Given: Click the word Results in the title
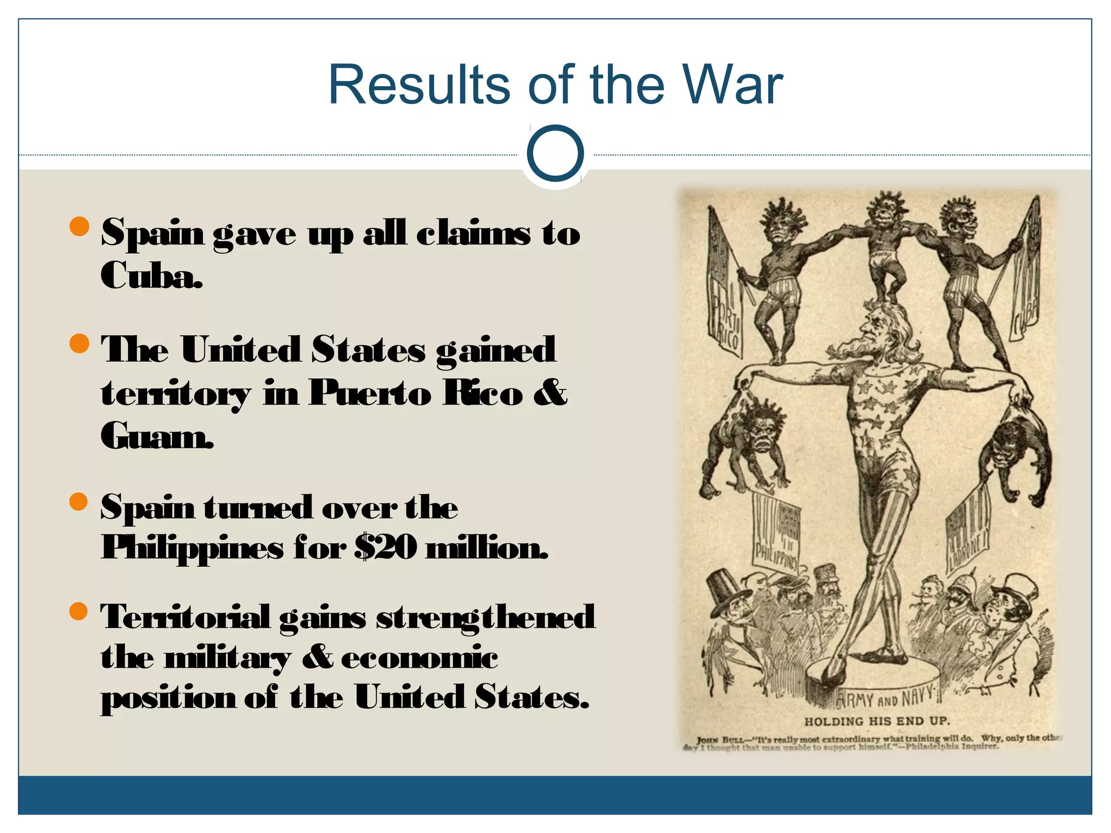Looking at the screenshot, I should point(419,85).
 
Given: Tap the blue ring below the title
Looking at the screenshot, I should point(555,153).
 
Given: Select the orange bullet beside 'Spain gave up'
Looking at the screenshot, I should point(79,226).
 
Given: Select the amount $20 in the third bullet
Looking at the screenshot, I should point(386,547).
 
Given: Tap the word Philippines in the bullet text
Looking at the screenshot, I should point(192,548).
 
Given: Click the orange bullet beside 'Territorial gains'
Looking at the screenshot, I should point(79,611).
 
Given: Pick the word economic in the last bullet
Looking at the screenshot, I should point(419,658).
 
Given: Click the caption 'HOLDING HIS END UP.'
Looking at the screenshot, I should point(877,721).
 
